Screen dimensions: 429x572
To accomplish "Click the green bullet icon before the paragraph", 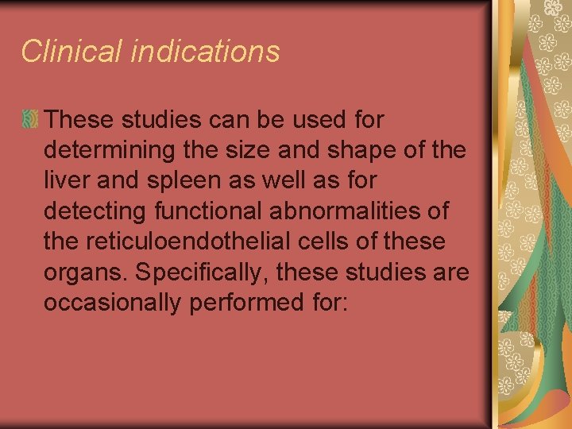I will click(30, 120).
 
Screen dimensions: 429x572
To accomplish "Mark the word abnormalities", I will click(348, 211).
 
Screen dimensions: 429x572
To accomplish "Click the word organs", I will click(86, 272).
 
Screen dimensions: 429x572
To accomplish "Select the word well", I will click(292, 181).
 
